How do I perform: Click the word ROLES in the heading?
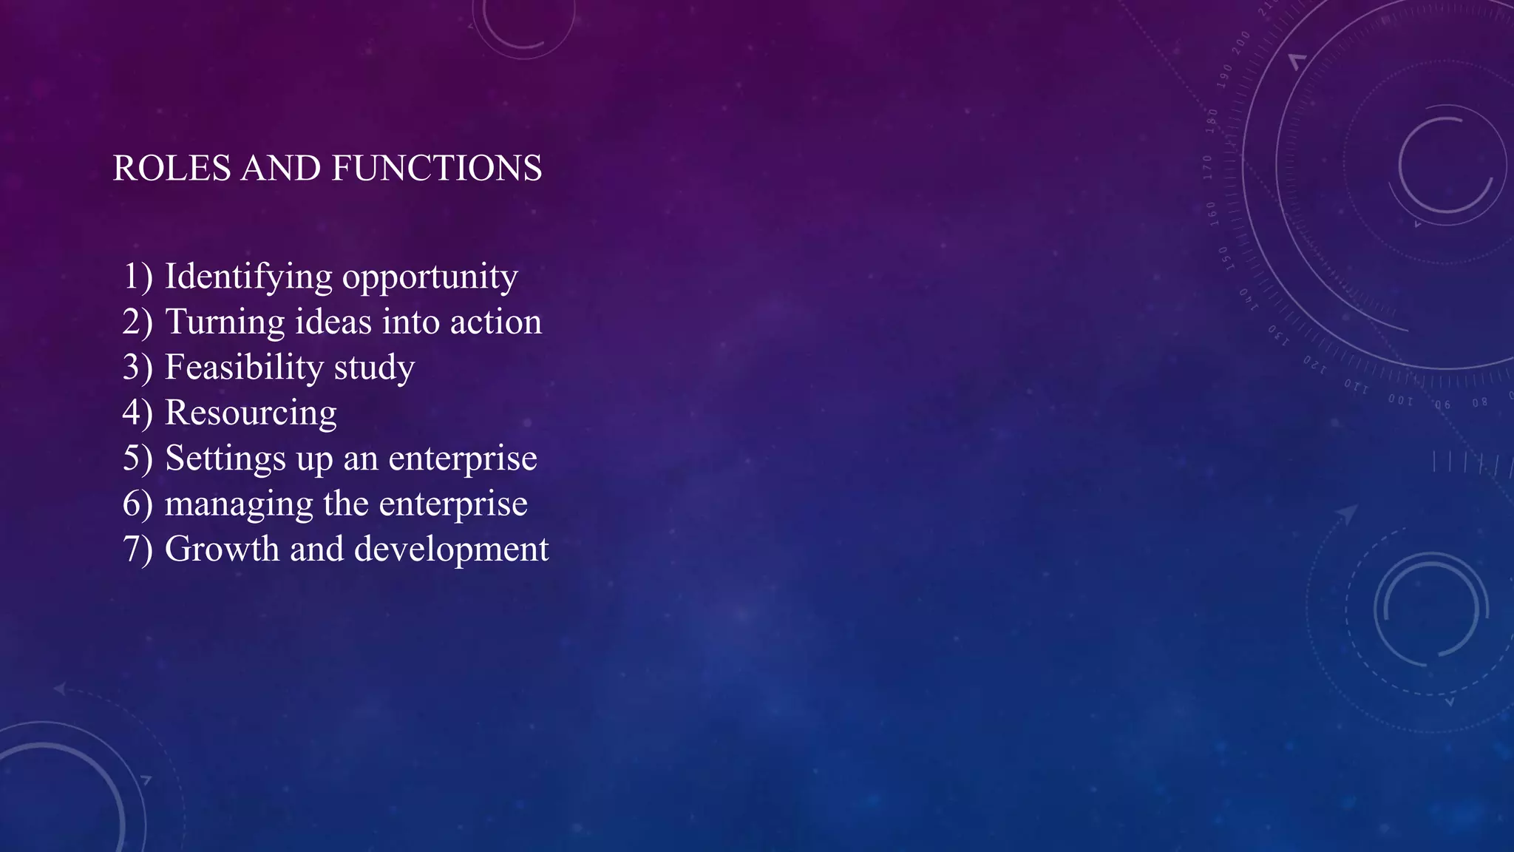(172, 169)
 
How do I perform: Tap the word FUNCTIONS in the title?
(437, 169)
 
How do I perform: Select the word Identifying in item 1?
(248, 277)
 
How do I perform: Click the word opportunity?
(430, 277)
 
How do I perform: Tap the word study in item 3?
(374, 368)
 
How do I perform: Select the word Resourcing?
(251, 413)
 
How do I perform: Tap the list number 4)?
(138, 413)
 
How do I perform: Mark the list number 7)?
(138, 550)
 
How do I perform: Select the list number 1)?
(138, 277)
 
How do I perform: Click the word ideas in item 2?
(333, 322)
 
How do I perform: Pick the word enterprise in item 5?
(463, 459)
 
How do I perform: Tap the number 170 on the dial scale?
(1208, 167)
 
